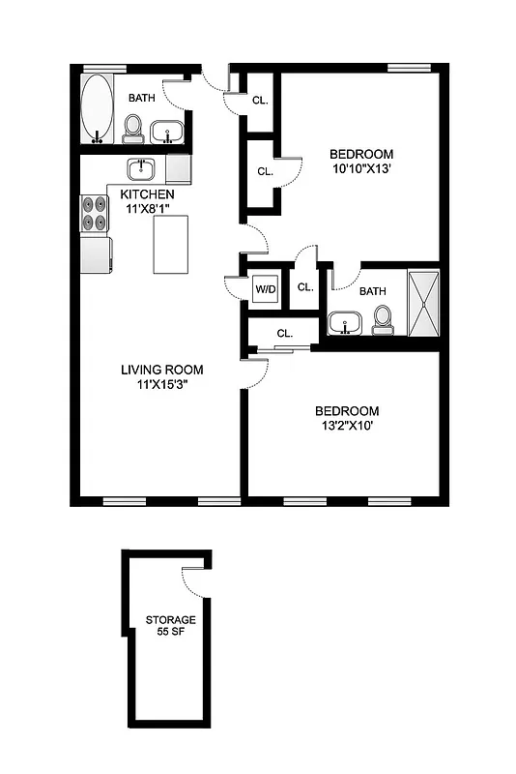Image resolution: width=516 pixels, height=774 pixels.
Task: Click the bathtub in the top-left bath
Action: pos(96,106)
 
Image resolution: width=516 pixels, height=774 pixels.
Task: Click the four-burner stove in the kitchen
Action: pos(95,213)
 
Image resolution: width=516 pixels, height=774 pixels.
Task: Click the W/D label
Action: pos(266,288)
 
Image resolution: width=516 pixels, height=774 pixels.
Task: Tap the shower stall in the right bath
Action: pos(423,303)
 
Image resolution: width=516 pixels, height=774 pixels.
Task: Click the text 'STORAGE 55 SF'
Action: pos(171,625)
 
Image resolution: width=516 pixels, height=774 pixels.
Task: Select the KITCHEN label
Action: pos(147,194)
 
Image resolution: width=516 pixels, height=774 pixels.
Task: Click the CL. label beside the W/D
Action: pos(305,287)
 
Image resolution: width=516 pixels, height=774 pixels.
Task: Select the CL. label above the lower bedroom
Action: pos(284,333)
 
